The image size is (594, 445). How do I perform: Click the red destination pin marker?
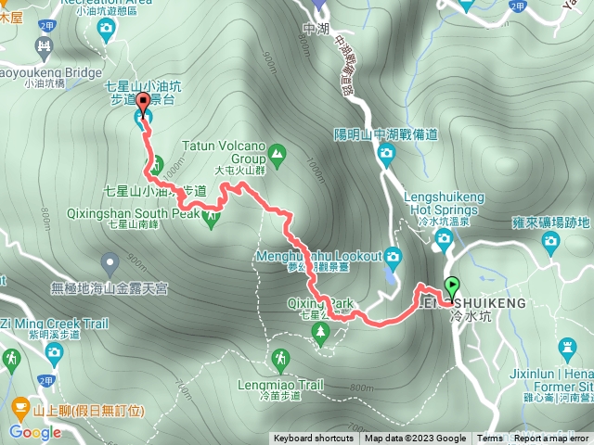pyautogui.click(x=142, y=102)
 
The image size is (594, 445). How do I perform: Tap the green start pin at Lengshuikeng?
pyautogui.click(x=452, y=286)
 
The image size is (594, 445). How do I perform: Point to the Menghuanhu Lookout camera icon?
pyautogui.click(x=393, y=256)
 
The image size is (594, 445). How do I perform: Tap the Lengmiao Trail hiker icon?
pyautogui.click(x=280, y=358)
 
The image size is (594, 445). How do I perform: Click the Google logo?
pyautogui.click(x=35, y=431)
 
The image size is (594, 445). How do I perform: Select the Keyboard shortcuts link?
pyautogui.click(x=313, y=439)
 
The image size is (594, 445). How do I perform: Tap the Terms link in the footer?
pyautogui.click(x=490, y=439)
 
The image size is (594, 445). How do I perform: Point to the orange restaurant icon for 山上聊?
pyautogui.click(x=19, y=405)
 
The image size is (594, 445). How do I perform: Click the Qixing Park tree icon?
pyautogui.click(x=322, y=330)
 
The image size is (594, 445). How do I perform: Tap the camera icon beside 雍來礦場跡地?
pyautogui.click(x=551, y=243)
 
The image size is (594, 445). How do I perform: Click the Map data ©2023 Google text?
pyautogui.click(x=415, y=439)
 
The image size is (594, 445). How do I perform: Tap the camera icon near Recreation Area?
pyautogui.click(x=105, y=30)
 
